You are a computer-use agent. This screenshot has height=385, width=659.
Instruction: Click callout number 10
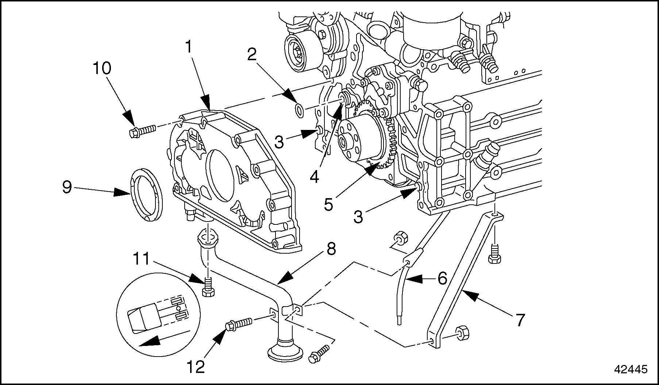point(103,68)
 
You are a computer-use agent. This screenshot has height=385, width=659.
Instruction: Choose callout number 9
point(67,187)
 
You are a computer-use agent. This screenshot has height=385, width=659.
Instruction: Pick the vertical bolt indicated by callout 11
point(208,287)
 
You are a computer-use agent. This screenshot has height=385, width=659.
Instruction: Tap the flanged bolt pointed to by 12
point(239,323)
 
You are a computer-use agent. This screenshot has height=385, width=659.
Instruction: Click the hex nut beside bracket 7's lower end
point(462,331)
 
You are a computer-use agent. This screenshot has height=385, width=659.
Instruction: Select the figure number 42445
point(631,369)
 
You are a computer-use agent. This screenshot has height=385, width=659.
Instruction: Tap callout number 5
point(328,205)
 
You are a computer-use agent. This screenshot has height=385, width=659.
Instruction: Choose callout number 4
point(314,177)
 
